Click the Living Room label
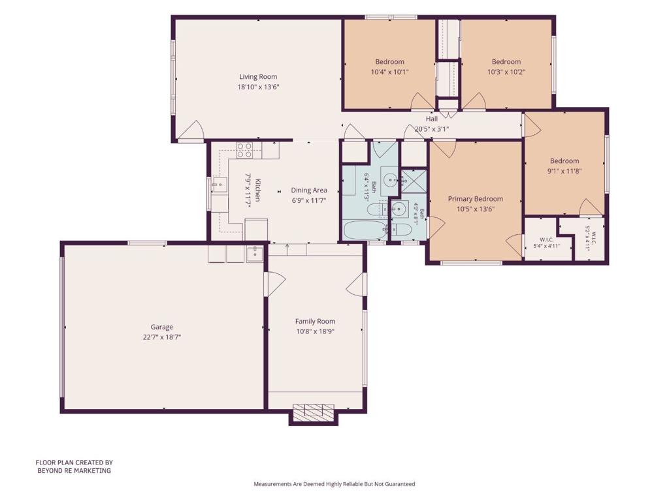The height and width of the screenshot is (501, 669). (258, 77)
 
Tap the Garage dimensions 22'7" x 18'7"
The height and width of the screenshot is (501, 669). (162, 337)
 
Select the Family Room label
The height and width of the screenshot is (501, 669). (316, 321)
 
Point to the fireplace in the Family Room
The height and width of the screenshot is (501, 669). (314, 412)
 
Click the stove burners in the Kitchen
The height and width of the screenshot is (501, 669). (244, 151)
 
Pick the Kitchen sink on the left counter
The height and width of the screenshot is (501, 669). (220, 185)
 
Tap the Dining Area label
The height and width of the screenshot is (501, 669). (309, 190)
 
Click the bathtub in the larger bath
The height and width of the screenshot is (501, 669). (365, 230)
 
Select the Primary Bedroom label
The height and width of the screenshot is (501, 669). (476, 198)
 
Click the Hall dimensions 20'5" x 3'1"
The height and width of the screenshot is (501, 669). (432, 129)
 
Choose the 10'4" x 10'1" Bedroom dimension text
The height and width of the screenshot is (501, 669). (389, 72)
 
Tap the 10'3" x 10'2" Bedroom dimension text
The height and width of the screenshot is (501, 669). (506, 72)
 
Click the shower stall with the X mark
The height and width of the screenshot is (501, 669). (414, 181)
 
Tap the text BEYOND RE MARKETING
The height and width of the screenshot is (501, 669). (74, 471)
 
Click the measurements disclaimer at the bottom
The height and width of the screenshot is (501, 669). (334, 484)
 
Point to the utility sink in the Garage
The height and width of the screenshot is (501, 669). (255, 253)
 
